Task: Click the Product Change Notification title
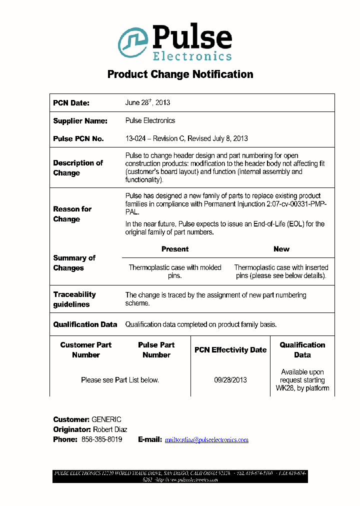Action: click(180, 74)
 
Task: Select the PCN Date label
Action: click(71, 103)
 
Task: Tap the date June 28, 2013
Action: click(147, 102)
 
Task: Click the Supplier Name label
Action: click(80, 121)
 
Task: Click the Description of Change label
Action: click(77, 168)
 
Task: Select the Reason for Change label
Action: click(72, 214)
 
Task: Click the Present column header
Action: click(175, 249)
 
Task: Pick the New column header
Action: click(281, 249)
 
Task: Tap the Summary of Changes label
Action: click(74, 263)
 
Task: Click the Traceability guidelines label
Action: click(74, 299)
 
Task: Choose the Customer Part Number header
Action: click(85, 350)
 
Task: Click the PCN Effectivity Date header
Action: click(230, 350)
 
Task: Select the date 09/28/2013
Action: click(230, 380)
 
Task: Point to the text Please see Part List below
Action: click(120, 380)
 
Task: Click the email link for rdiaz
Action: click(206, 440)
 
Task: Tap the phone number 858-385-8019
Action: click(101, 439)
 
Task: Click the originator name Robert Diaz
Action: click(110, 429)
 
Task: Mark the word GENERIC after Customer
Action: click(106, 419)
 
